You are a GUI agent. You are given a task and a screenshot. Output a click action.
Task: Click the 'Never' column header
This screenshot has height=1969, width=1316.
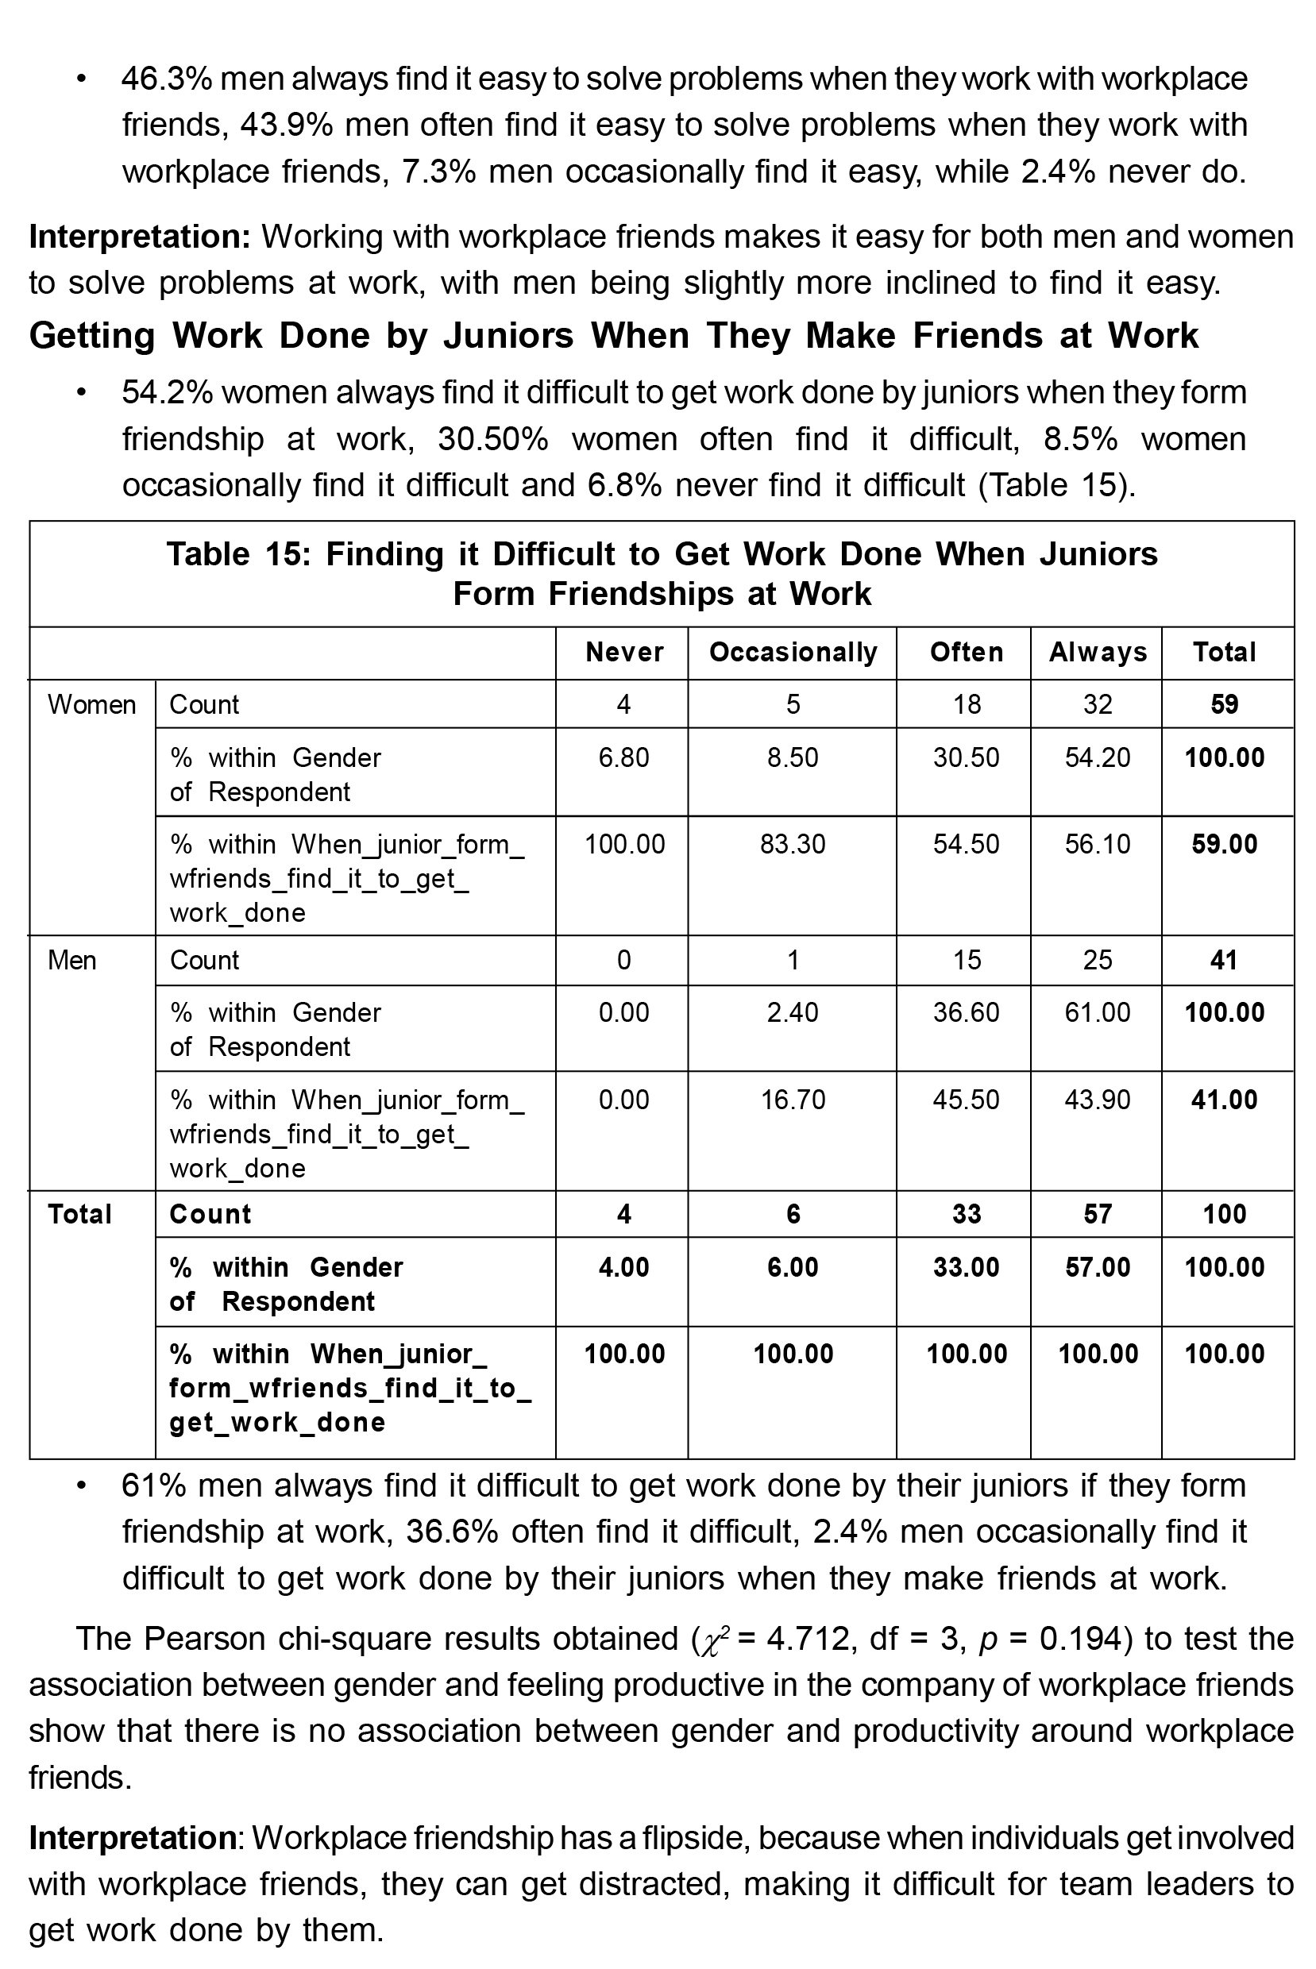click(x=624, y=652)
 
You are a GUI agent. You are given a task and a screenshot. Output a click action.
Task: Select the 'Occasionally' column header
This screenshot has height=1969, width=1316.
click(x=793, y=652)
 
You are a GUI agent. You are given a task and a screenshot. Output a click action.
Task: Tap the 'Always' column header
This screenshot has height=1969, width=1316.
click(x=1098, y=652)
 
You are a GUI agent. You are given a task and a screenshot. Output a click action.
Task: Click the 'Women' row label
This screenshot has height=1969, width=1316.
click(x=91, y=704)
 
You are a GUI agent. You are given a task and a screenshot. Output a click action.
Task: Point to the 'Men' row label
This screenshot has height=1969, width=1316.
click(x=72, y=960)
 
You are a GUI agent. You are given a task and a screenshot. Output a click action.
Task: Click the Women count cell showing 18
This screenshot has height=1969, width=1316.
click(x=967, y=704)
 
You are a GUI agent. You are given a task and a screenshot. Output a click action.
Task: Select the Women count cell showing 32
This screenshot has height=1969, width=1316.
click(x=1098, y=704)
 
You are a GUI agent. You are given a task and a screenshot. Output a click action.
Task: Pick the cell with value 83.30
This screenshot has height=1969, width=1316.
click(x=793, y=844)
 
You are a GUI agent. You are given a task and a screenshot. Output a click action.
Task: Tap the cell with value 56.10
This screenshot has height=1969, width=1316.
click(x=1098, y=844)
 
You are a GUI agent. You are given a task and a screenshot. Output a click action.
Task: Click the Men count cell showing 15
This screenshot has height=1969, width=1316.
click(x=967, y=960)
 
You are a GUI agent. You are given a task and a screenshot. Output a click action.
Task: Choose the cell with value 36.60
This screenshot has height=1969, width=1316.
click(x=967, y=1012)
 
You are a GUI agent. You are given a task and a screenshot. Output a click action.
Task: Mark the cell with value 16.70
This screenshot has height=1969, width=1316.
click(x=793, y=1099)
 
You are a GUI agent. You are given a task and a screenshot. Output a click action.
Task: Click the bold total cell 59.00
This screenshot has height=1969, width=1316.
click(x=1225, y=844)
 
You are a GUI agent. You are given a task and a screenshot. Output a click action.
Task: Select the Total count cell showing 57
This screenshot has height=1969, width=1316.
click(x=1098, y=1214)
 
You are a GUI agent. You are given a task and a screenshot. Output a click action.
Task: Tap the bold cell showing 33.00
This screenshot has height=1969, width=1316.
click(x=967, y=1267)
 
